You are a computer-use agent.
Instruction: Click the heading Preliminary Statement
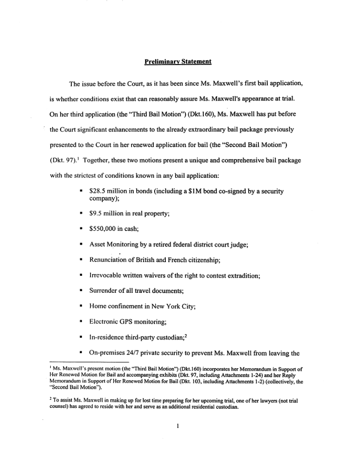177,62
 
